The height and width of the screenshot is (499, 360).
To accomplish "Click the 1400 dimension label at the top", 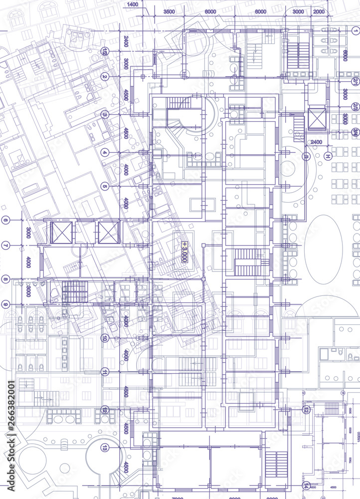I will tap(132, 4).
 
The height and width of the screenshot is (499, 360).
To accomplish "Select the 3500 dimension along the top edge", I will tap(169, 11).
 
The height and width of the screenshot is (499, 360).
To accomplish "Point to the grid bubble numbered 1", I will tap(355, 30).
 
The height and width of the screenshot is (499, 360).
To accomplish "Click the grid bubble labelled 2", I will tap(105, 76).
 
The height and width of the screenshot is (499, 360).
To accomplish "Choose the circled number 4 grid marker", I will tap(105, 152).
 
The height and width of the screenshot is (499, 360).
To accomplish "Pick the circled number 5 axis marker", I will tap(105, 186).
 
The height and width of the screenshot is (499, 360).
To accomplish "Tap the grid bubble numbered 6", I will tap(5, 220).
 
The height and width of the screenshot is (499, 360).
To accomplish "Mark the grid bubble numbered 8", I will tap(5, 278).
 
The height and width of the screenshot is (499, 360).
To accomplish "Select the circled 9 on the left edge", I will tap(5, 304).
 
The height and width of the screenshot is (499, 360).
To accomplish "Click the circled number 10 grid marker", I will tap(105, 338).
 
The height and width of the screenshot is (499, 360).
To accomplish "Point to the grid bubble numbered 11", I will tap(105, 371).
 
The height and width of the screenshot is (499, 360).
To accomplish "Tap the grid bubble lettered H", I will tap(328, 157).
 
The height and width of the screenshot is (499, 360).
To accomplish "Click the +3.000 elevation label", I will tap(184, 252).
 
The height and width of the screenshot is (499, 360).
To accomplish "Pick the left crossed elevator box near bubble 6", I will tap(61, 233).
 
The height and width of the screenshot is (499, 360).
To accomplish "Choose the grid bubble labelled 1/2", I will tap(105, 51).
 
